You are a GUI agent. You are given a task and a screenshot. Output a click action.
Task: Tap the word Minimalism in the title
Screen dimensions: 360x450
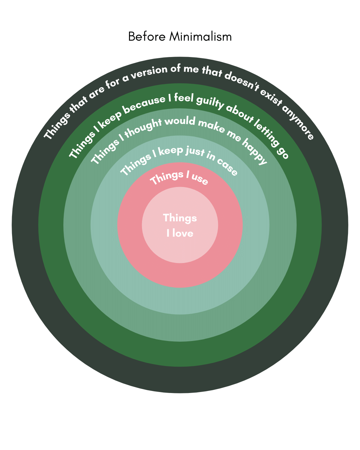point(200,36)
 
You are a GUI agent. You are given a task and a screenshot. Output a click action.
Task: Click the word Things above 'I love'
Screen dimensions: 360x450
point(180,218)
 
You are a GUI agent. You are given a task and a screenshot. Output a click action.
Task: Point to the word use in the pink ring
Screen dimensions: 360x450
point(200,179)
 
